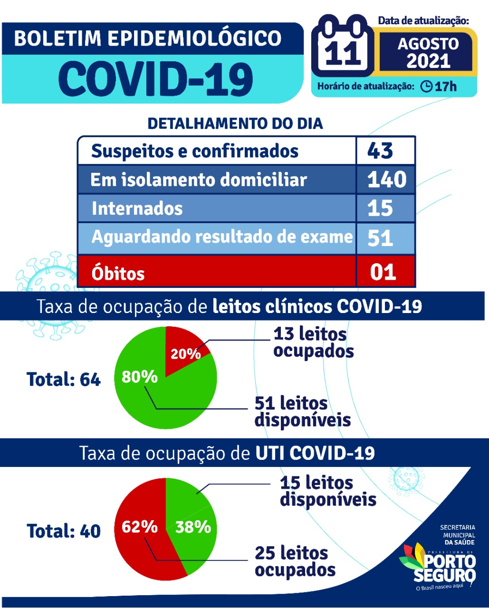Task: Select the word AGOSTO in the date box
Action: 428,44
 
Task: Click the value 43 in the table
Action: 380,151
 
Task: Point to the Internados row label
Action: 137,209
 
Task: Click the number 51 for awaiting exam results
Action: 380,237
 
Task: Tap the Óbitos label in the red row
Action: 118,273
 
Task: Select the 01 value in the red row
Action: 383,272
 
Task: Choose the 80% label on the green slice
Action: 140,377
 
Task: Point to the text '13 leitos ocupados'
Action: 313,342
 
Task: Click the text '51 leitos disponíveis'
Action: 302,411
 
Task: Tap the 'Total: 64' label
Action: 64,380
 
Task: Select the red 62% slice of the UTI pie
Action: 140,527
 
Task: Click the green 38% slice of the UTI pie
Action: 193,527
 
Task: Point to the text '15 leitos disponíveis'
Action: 328,491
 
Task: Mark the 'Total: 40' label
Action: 64,531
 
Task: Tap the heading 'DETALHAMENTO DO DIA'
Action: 235,123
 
